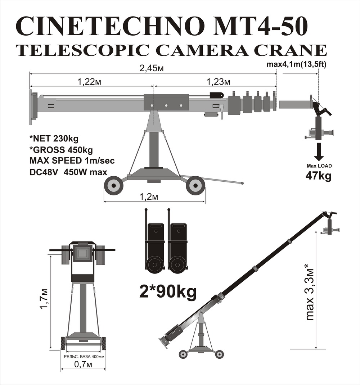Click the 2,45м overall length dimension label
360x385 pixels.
tap(152, 68)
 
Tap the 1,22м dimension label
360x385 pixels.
tap(89, 82)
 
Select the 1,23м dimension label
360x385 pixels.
tap(219, 82)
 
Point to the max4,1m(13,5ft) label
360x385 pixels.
tap(297, 64)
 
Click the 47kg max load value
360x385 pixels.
tap(319, 176)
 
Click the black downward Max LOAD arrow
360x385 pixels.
tap(319, 152)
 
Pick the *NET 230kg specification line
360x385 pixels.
tap(54, 139)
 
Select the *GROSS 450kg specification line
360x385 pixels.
tap(61, 150)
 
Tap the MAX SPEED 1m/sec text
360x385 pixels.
tap(72, 160)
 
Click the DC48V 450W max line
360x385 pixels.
tap(68, 172)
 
